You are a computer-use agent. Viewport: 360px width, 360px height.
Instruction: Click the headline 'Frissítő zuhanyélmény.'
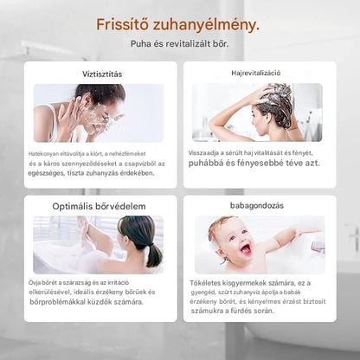click(177, 24)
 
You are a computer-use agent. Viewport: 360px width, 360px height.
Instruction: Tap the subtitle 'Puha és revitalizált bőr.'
click(179, 43)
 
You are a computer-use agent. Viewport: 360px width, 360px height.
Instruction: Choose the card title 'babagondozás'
click(258, 206)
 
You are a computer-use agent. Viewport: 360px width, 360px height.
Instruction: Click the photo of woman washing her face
click(98, 112)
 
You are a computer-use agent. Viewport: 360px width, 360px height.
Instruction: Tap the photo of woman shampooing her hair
click(256, 112)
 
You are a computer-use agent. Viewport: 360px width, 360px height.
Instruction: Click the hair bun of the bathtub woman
click(153, 255)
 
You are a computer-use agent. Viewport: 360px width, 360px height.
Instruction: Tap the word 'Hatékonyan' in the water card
click(45, 152)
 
